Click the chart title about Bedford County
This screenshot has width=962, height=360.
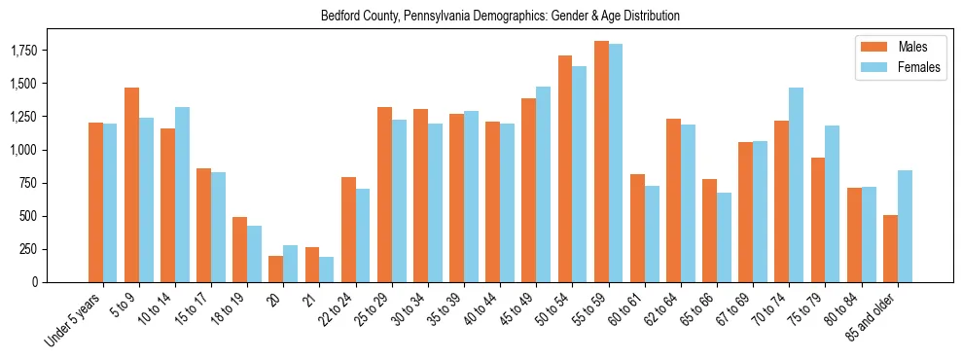click(500, 17)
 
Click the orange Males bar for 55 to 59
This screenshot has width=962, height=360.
click(601, 162)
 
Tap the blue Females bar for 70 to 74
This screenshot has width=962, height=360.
click(796, 185)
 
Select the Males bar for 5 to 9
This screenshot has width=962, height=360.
click(131, 185)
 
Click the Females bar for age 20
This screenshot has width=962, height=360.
click(291, 264)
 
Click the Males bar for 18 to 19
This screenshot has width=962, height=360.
click(240, 249)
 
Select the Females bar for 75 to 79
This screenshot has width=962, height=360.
click(833, 203)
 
